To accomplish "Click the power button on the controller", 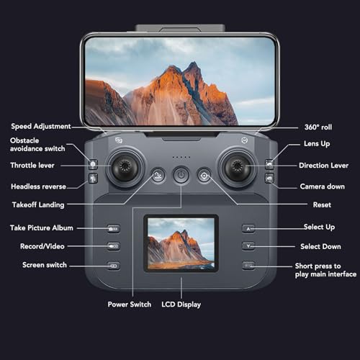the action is pyautogui.click(x=181, y=175).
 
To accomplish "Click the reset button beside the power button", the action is pyautogui.click(x=204, y=176).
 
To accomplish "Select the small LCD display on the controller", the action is pyautogui.click(x=181, y=243).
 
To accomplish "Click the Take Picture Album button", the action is pyautogui.click(x=113, y=228).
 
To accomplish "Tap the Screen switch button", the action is pyautogui.click(x=113, y=266).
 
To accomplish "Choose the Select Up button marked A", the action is pyautogui.click(x=248, y=228).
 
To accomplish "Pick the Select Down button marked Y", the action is pyautogui.click(x=248, y=246).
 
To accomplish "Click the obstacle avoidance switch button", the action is pyautogui.click(x=93, y=164).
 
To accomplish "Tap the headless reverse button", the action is pyautogui.click(x=93, y=179).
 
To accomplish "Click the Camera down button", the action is pyautogui.click(x=269, y=179).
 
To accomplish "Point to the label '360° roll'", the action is pyautogui.click(x=318, y=127).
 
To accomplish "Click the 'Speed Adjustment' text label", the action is pyautogui.click(x=41, y=127).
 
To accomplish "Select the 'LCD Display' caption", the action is pyautogui.click(x=181, y=305).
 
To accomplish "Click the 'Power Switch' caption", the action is pyautogui.click(x=130, y=305).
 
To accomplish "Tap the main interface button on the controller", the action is pyautogui.click(x=248, y=266).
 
